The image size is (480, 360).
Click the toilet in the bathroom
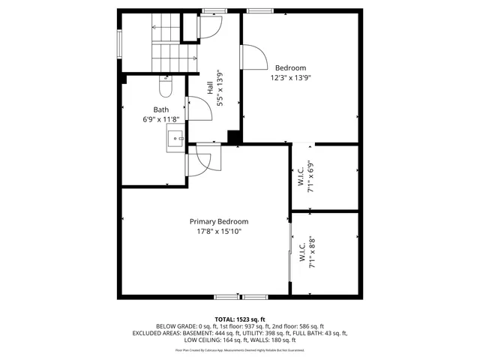tap(166, 87)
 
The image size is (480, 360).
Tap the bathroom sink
tap(175, 138)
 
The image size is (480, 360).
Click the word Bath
tap(161, 109)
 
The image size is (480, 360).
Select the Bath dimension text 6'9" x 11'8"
tap(161, 119)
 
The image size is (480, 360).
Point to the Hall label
tap(211, 88)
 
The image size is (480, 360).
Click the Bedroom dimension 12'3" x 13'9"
tap(290, 77)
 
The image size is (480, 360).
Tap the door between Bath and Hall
tap(187, 109)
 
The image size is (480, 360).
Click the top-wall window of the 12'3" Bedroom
tap(261, 10)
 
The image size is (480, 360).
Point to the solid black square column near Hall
tap(234, 137)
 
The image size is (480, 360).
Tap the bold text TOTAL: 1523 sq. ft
tap(240, 319)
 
